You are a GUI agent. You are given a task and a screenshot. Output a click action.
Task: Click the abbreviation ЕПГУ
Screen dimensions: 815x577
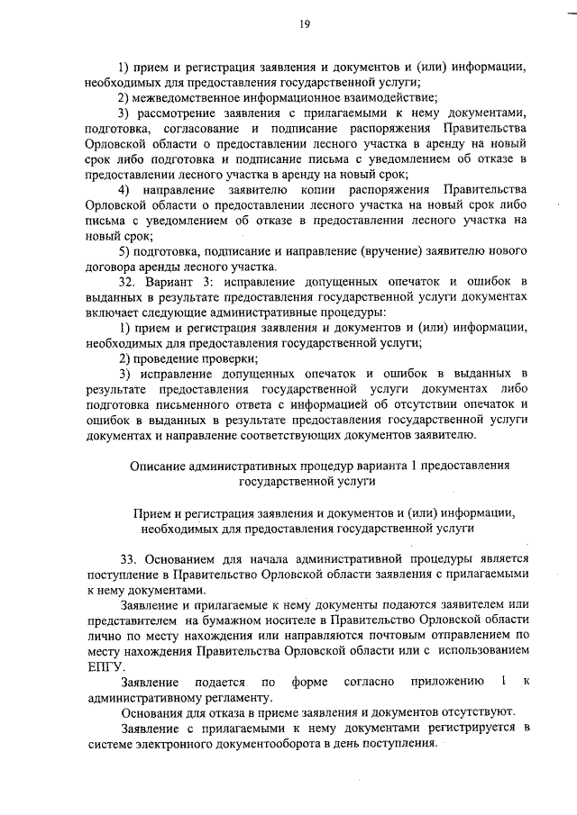coord(105,666)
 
